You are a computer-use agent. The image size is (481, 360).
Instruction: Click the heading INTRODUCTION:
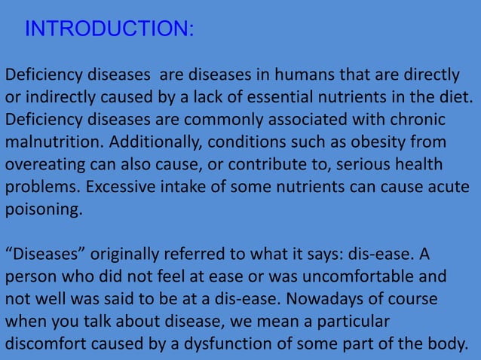(109, 29)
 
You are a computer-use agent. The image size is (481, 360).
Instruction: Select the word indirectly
(58, 99)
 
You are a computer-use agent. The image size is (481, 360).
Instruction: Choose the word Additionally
(157, 143)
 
